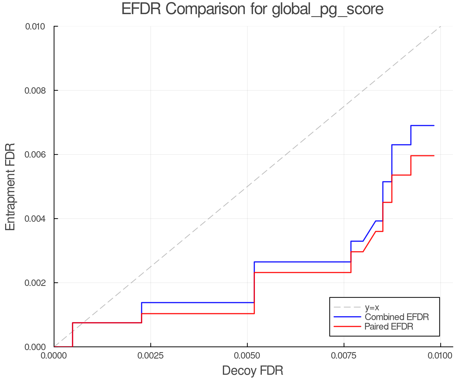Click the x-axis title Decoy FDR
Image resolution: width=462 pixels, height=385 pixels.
point(253,371)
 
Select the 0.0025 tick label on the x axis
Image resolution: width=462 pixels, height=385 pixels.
point(151,356)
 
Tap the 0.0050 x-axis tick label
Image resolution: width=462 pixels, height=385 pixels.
point(247,356)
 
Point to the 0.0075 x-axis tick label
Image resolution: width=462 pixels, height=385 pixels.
point(344,356)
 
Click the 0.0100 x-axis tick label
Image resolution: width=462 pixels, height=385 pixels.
point(440,356)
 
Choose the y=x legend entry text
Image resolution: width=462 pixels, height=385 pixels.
point(372,307)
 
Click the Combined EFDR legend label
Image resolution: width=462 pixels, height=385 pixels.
point(397,317)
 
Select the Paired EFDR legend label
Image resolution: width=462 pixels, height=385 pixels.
point(389,326)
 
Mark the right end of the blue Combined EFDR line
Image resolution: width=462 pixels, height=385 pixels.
point(434,126)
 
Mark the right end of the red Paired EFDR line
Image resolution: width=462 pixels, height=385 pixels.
point(434,156)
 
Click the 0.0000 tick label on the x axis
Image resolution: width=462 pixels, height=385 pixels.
point(54,356)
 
